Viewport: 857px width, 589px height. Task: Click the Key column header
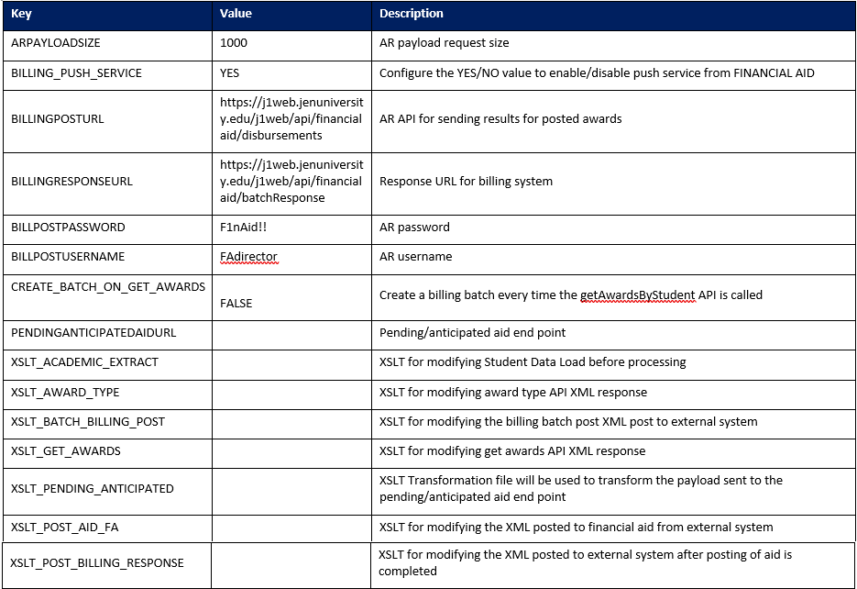(x=21, y=14)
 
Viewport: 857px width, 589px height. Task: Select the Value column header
(x=236, y=14)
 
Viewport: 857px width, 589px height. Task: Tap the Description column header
(x=412, y=14)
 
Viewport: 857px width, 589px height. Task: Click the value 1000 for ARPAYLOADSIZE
(x=234, y=43)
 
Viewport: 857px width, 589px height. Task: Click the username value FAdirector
(x=248, y=257)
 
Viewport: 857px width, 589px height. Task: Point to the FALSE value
(x=236, y=303)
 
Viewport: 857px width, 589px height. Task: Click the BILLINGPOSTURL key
(x=57, y=119)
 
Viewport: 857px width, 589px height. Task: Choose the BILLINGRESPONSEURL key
(x=71, y=181)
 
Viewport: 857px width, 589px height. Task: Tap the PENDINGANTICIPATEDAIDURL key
(x=93, y=333)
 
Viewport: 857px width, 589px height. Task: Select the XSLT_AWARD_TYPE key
(x=65, y=392)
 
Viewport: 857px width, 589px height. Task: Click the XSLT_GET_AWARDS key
(x=66, y=450)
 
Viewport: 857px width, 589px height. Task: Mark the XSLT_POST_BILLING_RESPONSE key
(x=97, y=562)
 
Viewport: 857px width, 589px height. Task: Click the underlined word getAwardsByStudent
(x=637, y=295)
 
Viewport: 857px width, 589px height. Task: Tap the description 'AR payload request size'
(x=444, y=43)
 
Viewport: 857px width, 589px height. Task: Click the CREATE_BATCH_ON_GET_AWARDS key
(x=108, y=287)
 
